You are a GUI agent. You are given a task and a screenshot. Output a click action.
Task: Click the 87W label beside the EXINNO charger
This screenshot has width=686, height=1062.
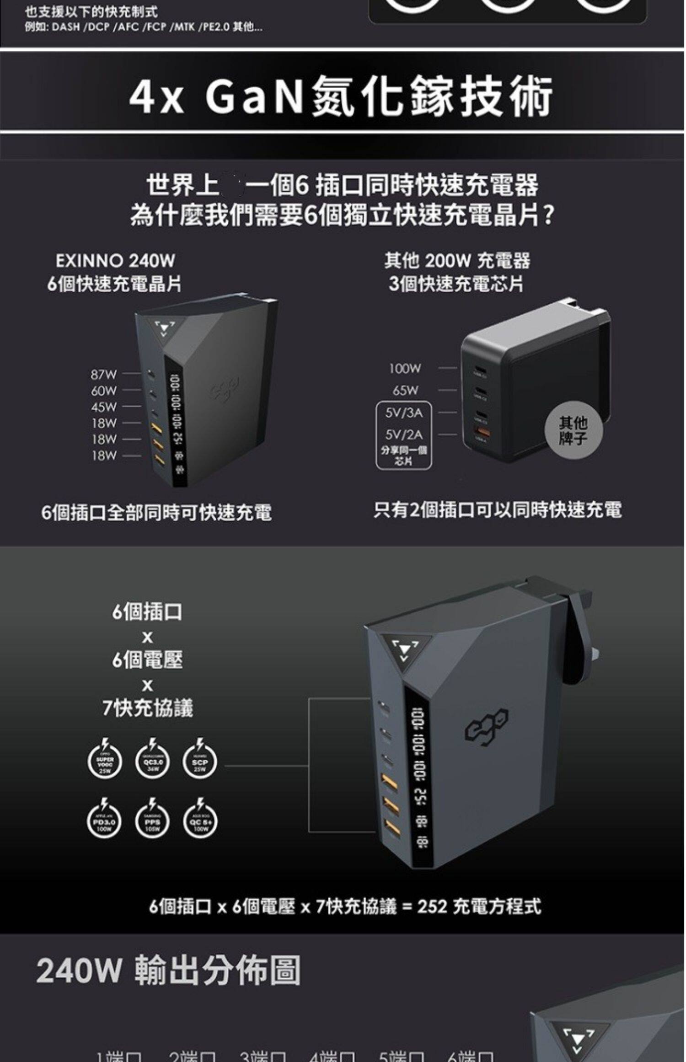pos(104,375)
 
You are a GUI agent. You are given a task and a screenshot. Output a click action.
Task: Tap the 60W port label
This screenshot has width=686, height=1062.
pos(104,391)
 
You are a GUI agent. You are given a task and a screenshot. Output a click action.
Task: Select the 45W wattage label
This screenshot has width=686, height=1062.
pos(104,407)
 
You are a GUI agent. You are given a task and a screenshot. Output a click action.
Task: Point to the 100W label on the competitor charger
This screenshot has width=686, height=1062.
pos(405,368)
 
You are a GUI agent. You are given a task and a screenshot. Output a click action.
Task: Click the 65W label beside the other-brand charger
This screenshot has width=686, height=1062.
pos(405,391)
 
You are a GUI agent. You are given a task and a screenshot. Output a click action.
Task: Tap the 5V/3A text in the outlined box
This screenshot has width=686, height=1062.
pos(404,413)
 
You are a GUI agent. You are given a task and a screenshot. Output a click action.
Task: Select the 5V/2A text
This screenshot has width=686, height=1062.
pos(404,434)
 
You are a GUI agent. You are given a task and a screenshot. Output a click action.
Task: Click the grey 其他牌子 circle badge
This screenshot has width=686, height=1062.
pos(573,430)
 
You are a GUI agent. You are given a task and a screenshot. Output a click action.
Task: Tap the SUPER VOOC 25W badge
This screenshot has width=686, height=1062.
pos(105,762)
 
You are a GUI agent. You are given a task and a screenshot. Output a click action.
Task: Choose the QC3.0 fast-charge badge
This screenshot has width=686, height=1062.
pos(152,762)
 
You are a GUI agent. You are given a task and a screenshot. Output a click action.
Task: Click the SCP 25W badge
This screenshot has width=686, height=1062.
pos(200,762)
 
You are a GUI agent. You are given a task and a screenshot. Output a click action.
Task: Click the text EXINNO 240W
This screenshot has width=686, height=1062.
pos(115,261)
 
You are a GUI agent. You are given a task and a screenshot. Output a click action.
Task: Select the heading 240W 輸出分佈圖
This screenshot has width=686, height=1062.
pos(168,971)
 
